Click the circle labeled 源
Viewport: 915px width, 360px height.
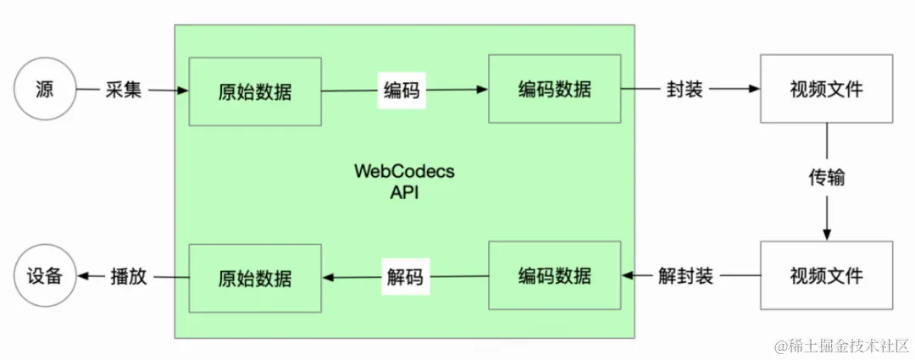[45, 88]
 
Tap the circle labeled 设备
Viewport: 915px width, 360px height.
[45, 276]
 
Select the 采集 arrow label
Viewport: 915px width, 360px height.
[124, 89]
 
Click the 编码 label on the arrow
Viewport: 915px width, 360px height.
[402, 90]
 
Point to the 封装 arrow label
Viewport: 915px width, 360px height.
[685, 89]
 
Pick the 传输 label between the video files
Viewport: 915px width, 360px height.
[826, 180]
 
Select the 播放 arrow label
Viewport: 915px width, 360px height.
[128, 276]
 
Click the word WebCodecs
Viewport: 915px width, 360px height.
[404, 171]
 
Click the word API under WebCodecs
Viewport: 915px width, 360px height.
[404, 192]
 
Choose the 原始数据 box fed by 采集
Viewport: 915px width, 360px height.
[255, 91]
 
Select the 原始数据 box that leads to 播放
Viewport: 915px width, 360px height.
[255, 277]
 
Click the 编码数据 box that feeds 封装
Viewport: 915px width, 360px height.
[554, 89]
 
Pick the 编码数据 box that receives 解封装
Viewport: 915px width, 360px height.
[554, 275]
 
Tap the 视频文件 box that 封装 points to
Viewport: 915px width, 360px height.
[826, 89]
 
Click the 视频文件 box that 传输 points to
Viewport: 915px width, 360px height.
[826, 275]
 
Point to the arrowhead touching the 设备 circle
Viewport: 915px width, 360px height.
[82, 276]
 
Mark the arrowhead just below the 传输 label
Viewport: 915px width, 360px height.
[826, 235]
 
